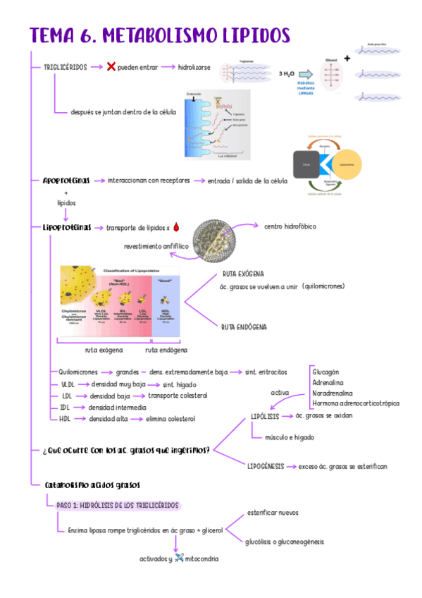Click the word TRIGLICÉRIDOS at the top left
tap(66, 67)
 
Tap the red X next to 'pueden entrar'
tap(111, 67)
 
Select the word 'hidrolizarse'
tap(194, 67)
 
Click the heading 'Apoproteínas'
tap(66, 181)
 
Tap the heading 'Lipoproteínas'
tap(66, 227)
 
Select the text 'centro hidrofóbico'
tap(290, 226)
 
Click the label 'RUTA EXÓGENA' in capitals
tap(242, 274)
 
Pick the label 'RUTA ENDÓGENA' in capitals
tap(243, 327)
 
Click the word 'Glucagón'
tap(325, 371)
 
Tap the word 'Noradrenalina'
tap(333, 393)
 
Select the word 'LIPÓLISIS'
tap(265, 416)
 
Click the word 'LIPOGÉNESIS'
tap(266, 466)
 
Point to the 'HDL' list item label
tap(66, 419)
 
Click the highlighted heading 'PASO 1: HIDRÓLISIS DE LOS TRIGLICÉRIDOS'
tap(118, 506)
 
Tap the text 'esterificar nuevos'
tap(273, 513)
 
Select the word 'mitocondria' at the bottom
tap(201, 559)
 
